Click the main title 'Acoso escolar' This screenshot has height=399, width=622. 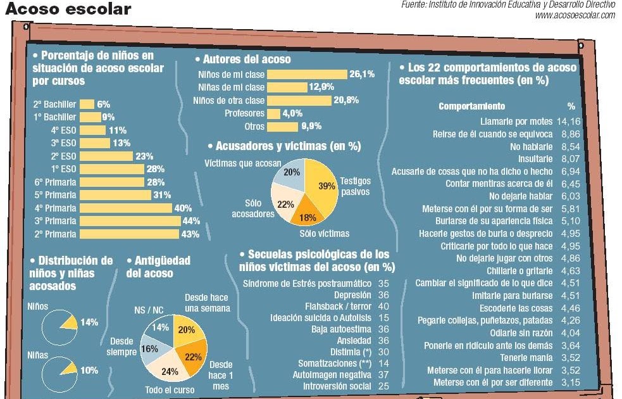point(68,9)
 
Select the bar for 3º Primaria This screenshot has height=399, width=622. point(131,221)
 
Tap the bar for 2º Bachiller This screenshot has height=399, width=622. point(87,104)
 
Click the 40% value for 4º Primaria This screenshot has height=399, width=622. point(183,208)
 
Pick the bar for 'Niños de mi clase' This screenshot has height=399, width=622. point(307,74)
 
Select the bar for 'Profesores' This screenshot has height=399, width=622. point(273,113)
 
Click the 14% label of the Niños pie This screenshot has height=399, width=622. point(89,322)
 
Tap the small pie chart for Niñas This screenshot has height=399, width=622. point(59,370)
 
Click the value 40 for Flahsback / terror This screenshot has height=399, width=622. point(383,306)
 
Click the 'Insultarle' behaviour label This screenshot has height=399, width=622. point(527,159)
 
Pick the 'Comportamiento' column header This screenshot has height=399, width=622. point(471,106)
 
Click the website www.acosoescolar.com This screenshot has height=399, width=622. point(575,15)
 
